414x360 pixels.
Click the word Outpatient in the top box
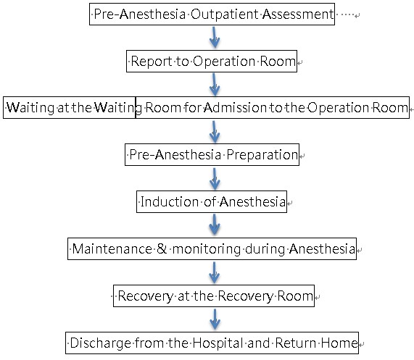225,14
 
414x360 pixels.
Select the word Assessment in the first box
298,14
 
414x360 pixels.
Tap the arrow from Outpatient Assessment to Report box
215,37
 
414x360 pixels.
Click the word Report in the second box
152,62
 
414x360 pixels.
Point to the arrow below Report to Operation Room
215,85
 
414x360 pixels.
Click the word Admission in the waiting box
235,108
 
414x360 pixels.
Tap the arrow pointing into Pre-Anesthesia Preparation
215,132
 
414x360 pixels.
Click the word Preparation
262,155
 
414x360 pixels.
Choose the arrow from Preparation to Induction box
215,179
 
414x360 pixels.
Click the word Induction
170,202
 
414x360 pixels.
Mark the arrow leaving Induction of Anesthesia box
215,225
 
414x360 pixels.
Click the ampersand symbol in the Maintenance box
162,248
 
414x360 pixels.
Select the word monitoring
207,249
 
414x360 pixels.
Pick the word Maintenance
112,249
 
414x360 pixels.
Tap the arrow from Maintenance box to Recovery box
215,272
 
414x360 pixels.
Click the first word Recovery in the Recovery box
146,296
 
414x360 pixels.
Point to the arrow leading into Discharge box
215,319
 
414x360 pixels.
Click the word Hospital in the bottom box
218,343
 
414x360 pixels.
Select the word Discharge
101,343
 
